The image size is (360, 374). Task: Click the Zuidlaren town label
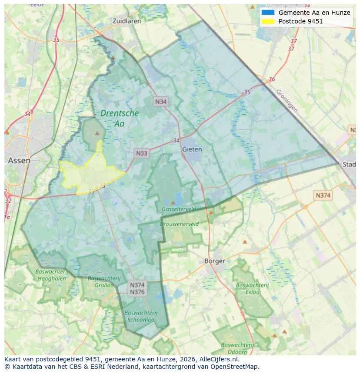tap(125, 21)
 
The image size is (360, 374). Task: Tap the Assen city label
tap(19, 161)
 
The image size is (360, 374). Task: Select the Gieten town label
tap(192, 149)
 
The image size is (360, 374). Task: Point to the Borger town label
tap(215, 261)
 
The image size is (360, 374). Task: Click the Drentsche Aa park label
tap(119, 118)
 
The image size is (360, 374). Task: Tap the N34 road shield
tap(160, 102)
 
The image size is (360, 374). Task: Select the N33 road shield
tap(142, 153)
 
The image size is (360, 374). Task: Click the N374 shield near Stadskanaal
tap(323, 195)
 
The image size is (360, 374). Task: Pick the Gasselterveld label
tap(179, 209)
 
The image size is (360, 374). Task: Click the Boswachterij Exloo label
tap(252, 288)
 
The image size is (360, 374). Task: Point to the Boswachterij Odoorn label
tap(238, 348)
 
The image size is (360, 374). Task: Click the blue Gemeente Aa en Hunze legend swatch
tap(268, 13)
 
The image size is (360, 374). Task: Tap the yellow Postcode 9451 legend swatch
tap(268, 21)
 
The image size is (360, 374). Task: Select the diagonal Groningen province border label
tap(287, 101)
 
